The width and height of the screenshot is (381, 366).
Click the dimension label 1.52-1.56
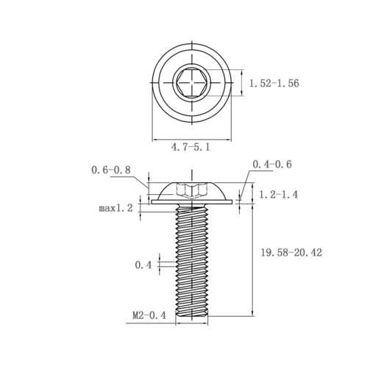[x=274, y=83]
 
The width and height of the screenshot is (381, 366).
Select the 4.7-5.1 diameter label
[x=190, y=147]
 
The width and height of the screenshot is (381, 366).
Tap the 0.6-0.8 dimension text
[x=111, y=170]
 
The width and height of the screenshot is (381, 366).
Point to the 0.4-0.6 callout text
[x=272, y=164]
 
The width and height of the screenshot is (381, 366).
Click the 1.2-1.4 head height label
[x=279, y=195]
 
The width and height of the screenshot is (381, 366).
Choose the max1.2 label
[x=115, y=208]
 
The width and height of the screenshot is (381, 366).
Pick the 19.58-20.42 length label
[x=291, y=252]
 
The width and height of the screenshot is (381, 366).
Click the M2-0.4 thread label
[x=149, y=315]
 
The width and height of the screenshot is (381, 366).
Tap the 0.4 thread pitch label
[x=143, y=265]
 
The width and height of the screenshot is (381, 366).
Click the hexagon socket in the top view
[x=192, y=82]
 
